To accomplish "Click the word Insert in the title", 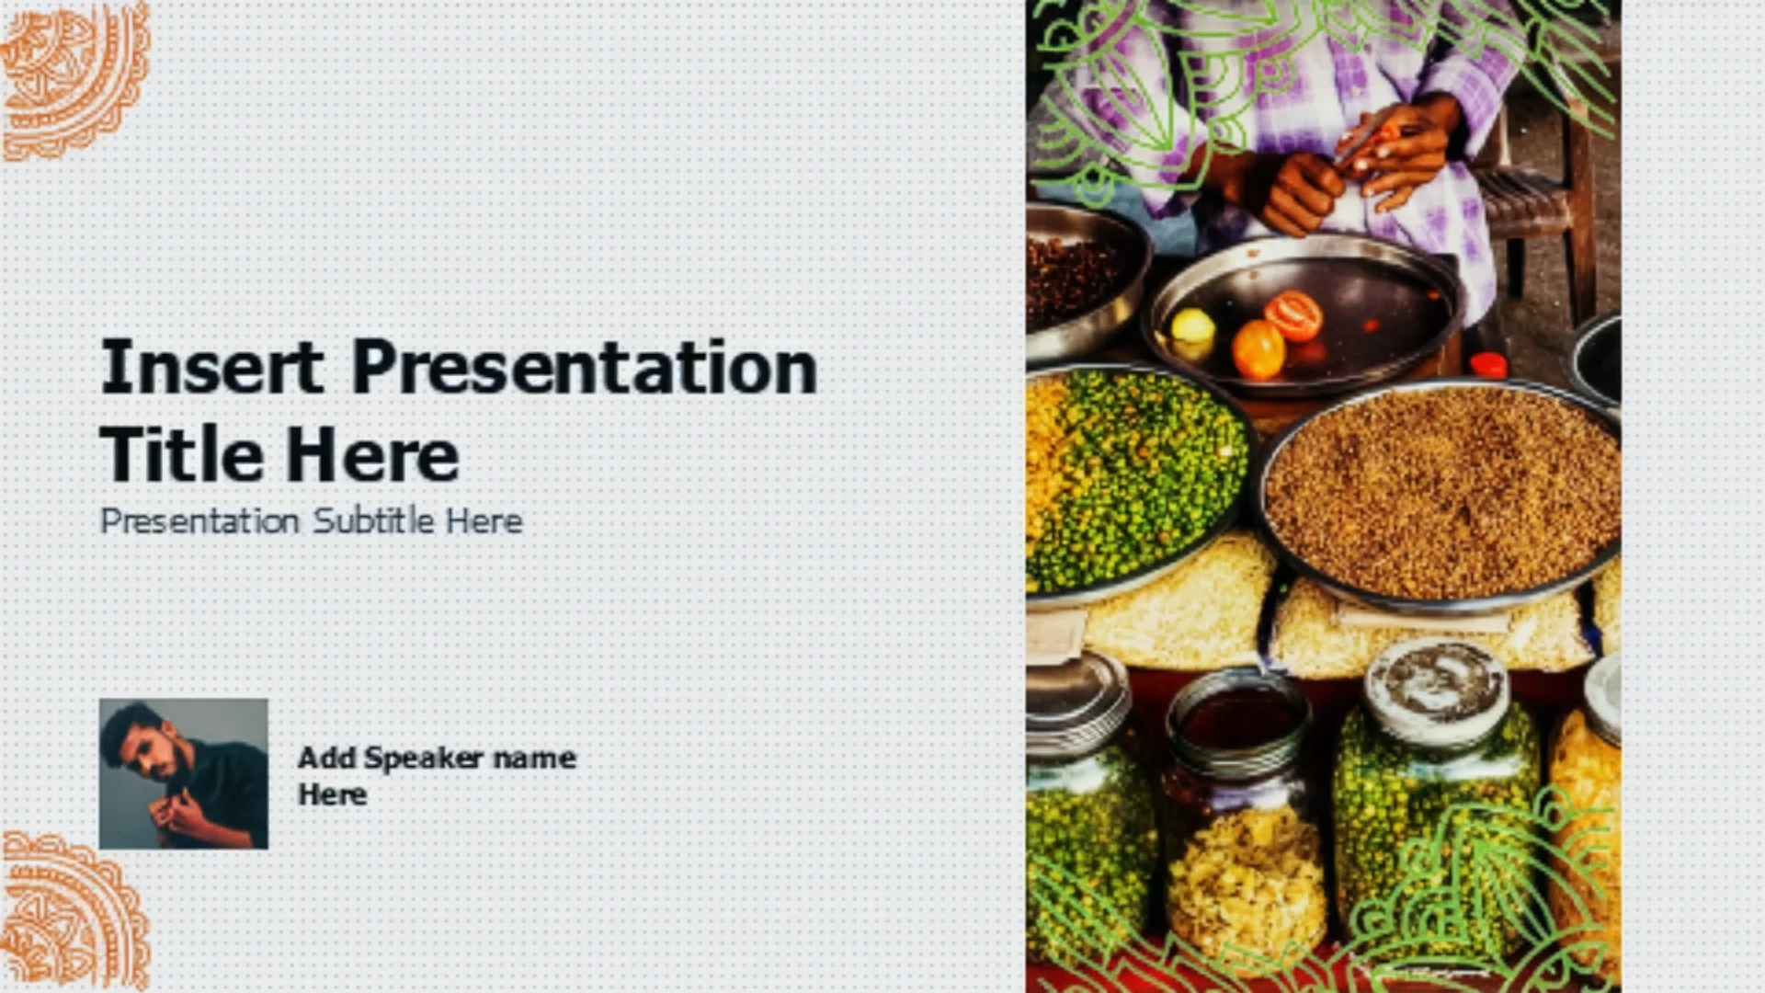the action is tap(212, 367).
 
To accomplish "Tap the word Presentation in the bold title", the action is tap(585, 367).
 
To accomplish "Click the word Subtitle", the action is tap(373, 520).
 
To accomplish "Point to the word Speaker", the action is tap(423, 759).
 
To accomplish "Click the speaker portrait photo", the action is tap(184, 773).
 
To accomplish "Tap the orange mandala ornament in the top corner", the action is tap(74, 79).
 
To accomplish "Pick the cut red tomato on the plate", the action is tap(1293, 315).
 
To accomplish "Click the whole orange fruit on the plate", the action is tap(1258, 349).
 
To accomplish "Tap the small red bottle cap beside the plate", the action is tap(1487, 365).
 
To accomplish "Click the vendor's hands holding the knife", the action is tap(1351, 170).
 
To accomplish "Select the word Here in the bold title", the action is tap(371, 454).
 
